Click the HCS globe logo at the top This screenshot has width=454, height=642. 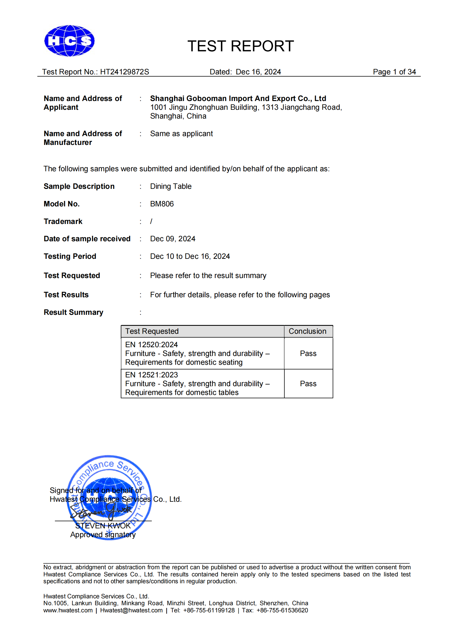69,41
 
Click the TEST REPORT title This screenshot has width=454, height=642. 240,46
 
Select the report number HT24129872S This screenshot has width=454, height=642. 124,72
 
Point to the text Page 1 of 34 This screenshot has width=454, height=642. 394,72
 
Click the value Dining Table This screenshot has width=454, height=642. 170,186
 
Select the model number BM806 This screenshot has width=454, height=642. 162,204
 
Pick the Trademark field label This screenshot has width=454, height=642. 63,222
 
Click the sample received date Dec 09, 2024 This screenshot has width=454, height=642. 172,239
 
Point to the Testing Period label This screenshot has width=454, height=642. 70,256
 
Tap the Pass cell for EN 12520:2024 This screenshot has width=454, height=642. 308,354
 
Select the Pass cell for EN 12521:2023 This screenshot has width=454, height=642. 308,384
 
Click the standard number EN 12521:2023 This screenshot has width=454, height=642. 152,375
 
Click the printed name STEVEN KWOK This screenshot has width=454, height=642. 103,526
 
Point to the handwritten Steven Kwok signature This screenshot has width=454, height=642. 101,511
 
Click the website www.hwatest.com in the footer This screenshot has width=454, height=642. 68,610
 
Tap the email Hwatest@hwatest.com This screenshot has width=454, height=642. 131,610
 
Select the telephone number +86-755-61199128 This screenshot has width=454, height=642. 209,610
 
